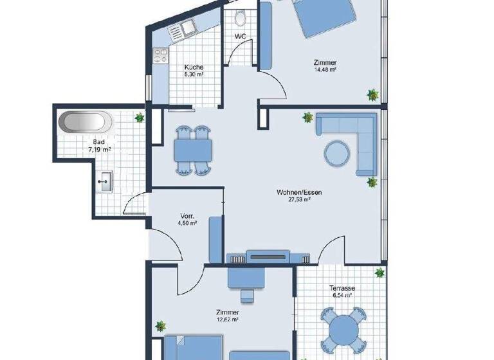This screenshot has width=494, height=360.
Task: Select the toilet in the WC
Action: (241, 18)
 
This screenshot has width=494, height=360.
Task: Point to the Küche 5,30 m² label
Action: (194, 71)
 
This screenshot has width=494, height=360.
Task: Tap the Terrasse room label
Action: (345, 292)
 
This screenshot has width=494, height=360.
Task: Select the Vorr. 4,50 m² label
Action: (187, 219)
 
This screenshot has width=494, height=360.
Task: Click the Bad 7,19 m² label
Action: (99, 145)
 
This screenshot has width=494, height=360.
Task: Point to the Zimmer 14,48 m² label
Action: (325, 66)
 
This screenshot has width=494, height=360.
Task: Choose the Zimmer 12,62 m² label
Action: (228, 314)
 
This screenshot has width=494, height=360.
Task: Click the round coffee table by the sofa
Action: (338, 153)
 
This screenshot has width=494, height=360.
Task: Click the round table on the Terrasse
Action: (343, 328)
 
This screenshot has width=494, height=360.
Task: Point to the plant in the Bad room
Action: (140, 118)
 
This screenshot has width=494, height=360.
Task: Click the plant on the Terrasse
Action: (380, 273)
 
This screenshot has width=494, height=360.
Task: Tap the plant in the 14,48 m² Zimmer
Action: (372, 95)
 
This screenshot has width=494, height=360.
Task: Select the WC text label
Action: (239, 36)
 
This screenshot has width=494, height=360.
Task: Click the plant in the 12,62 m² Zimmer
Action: (161, 327)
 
